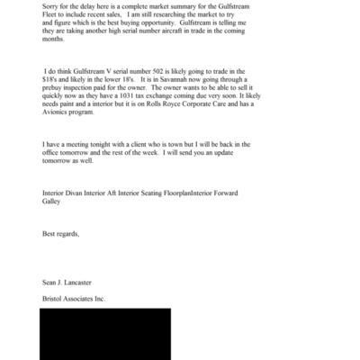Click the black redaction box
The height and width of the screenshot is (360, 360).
[x=104, y=333]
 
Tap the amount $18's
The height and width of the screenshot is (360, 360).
[x=53, y=78]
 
